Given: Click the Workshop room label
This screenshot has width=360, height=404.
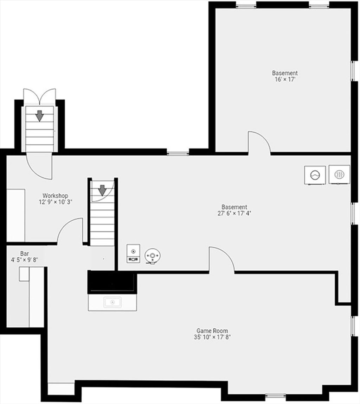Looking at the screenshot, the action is [55, 196].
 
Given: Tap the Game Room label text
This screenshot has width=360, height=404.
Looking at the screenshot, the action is [212, 330].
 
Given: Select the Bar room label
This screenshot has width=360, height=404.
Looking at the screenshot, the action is [25, 253].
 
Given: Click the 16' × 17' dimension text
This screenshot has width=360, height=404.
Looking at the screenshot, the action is [285, 80].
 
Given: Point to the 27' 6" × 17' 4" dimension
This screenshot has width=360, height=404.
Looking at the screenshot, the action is [234, 213].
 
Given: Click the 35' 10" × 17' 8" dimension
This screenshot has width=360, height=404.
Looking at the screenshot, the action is [212, 337].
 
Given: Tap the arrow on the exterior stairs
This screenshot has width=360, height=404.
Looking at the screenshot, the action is [39, 116].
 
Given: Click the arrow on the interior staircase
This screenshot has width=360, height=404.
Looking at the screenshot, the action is [102, 190].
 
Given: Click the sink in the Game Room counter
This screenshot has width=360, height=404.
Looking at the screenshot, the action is [112, 302].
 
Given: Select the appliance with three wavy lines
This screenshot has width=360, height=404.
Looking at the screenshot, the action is [339, 175].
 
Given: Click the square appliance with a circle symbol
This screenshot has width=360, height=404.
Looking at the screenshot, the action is [315, 175].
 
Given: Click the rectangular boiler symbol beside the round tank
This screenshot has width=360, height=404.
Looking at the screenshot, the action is [133, 253].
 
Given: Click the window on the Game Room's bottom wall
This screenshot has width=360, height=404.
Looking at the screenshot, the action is [275, 403].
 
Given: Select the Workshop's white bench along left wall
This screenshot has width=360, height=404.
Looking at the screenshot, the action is [16, 215].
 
